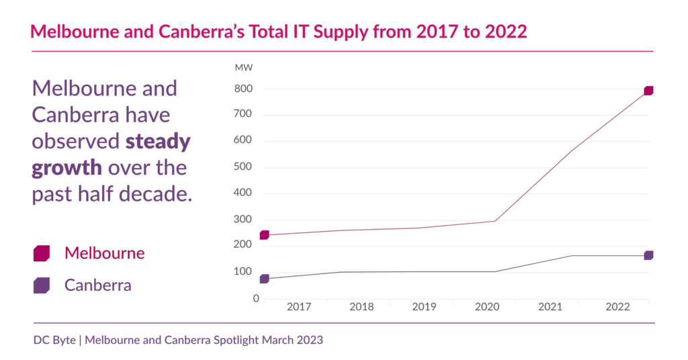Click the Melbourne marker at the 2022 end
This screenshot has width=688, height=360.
pyautogui.click(x=648, y=91)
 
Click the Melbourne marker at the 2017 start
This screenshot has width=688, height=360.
pyautogui.click(x=264, y=235)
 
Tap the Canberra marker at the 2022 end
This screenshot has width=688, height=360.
pyautogui.click(x=648, y=255)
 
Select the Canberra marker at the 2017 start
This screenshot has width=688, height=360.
pyautogui.click(x=264, y=279)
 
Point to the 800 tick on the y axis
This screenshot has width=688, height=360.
pyautogui.click(x=243, y=89)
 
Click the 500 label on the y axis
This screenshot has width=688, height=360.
pyautogui.click(x=243, y=167)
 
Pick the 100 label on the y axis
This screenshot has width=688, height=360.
pyautogui.click(x=243, y=272)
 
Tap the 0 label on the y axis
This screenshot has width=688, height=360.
pyautogui.click(x=256, y=298)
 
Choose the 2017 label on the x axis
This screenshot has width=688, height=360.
pyautogui.click(x=299, y=307)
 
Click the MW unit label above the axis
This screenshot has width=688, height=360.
pyautogui.click(x=243, y=68)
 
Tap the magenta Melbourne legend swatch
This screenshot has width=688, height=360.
pyautogui.click(x=42, y=253)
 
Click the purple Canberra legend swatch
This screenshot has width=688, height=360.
pyautogui.click(x=42, y=285)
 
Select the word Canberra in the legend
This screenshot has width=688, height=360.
pyautogui.click(x=97, y=285)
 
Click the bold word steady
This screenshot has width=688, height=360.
pyautogui.click(x=159, y=142)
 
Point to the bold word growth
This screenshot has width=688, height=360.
pyautogui.click(x=67, y=168)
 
